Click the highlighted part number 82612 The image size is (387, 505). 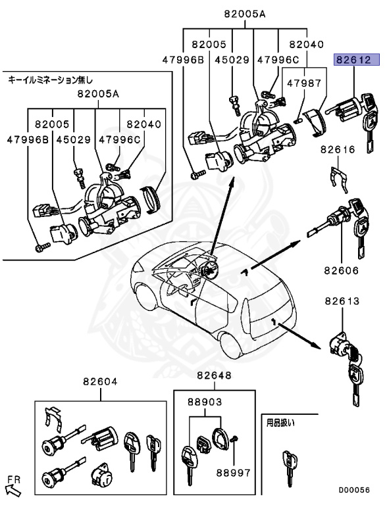tap(357, 60)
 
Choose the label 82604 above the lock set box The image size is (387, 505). tap(100, 382)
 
